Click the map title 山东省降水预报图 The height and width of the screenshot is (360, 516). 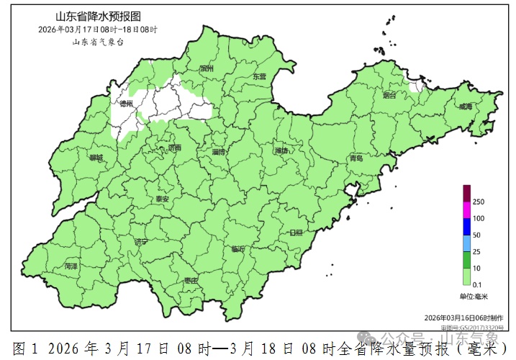click(x=98, y=16)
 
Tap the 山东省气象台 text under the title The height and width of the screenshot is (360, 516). click(x=98, y=42)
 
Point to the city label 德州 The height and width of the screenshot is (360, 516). click(x=127, y=104)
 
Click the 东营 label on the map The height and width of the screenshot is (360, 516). click(x=259, y=76)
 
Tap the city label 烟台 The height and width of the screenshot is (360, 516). click(x=390, y=95)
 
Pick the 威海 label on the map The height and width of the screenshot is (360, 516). click(x=466, y=107)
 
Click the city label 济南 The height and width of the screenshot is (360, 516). click(x=174, y=148)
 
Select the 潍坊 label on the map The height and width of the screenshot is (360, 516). click(x=281, y=151)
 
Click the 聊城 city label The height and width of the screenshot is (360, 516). click(x=96, y=157)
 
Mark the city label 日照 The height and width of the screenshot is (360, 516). click(x=296, y=233)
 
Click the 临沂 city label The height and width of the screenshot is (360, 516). click(x=237, y=248)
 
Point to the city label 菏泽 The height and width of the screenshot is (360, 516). click(x=71, y=266)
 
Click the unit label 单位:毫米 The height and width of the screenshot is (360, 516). click(x=474, y=296)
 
